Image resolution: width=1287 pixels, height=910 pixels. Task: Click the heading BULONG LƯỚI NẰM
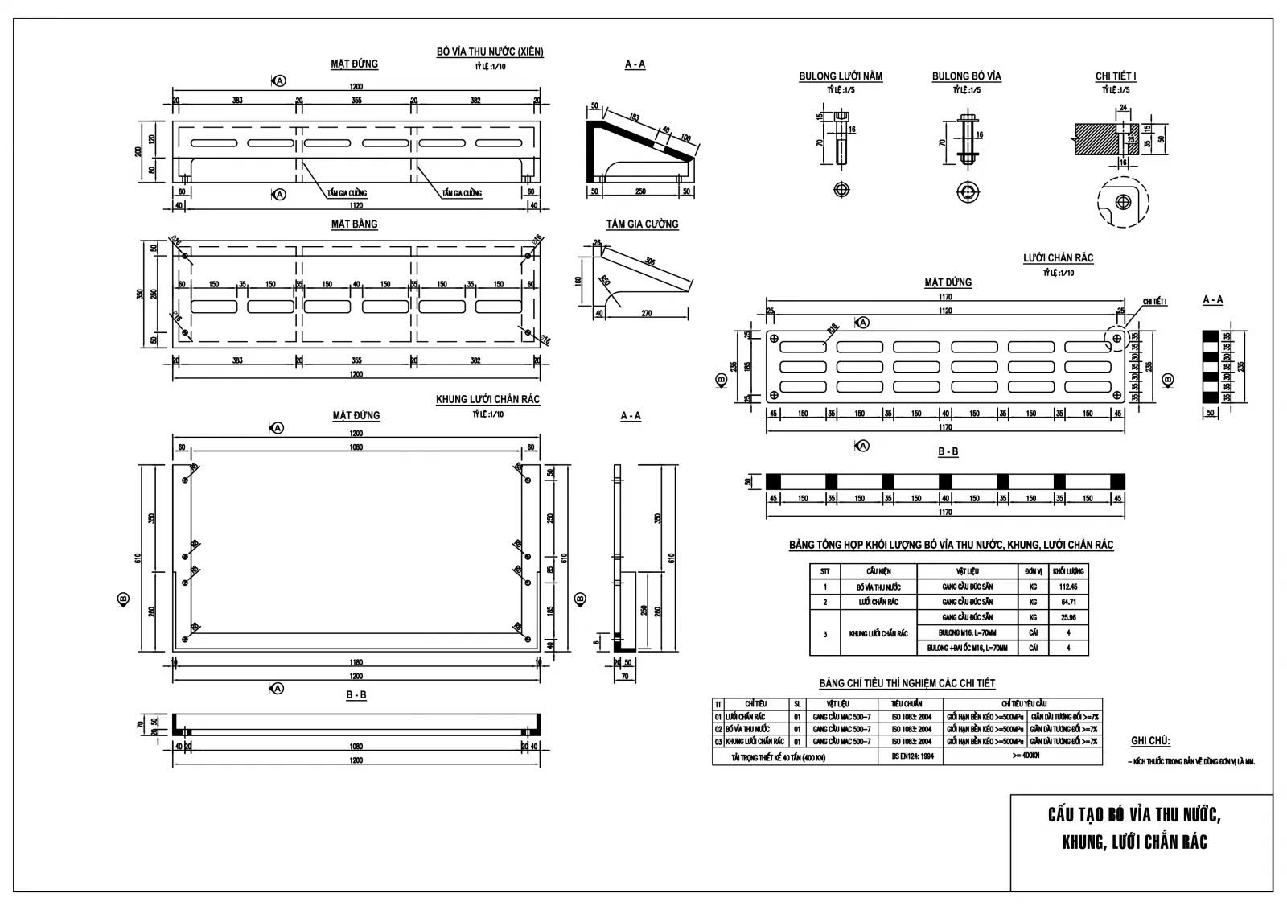pyautogui.click(x=840, y=76)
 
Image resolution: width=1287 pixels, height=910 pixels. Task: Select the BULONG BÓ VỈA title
pyautogui.click(x=966, y=76)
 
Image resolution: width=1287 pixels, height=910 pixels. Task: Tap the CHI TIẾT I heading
pyautogui.click(x=1116, y=76)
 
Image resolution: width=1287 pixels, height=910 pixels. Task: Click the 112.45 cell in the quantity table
pyautogui.click(x=1067, y=587)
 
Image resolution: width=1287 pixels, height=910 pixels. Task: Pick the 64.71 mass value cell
pyautogui.click(x=1067, y=602)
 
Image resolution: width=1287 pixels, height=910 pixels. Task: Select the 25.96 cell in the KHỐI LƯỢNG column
pyautogui.click(x=1067, y=617)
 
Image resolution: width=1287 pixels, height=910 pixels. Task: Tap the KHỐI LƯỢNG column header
pyautogui.click(x=1067, y=571)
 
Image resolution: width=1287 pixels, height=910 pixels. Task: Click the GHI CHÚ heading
pyautogui.click(x=1150, y=741)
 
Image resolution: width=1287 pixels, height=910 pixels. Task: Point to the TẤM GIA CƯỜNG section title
pyautogui.click(x=642, y=224)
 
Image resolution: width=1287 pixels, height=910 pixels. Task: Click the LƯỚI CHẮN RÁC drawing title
pyautogui.click(x=1058, y=258)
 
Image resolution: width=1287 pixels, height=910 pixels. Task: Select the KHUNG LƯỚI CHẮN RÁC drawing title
pyautogui.click(x=487, y=400)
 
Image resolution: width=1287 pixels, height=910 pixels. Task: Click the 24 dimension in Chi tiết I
pyautogui.click(x=1124, y=107)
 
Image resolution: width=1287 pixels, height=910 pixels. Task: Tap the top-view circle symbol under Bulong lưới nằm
pyautogui.click(x=841, y=190)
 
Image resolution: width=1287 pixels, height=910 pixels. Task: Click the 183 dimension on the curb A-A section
pyautogui.click(x=635, y=117)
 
